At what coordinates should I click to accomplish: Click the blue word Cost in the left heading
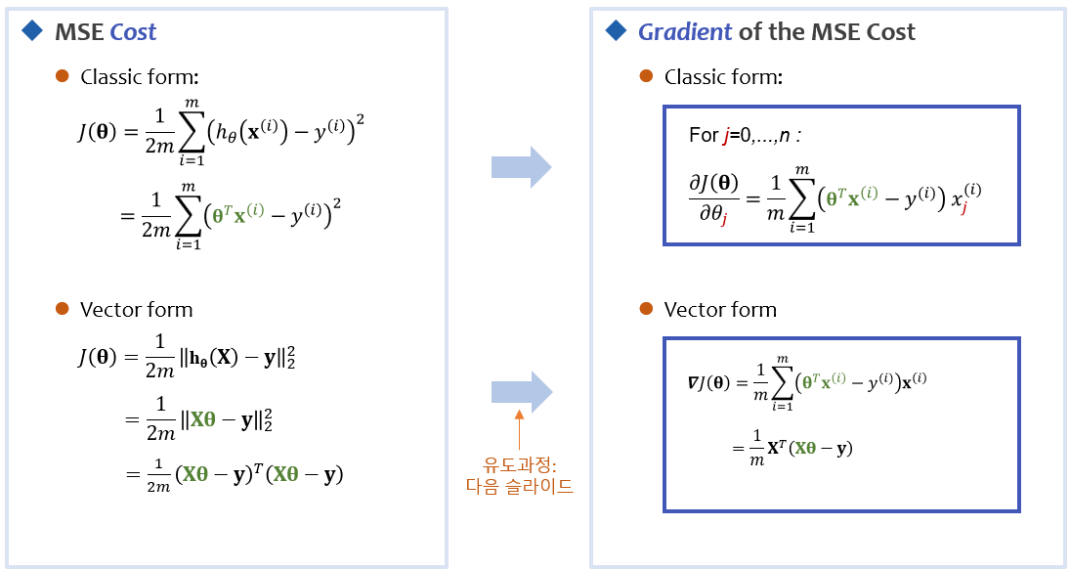pyautogui.click(x=133, y=32)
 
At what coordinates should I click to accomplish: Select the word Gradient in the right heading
pyautogui.click(x=684, y=32)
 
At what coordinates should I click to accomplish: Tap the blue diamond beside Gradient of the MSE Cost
pyautogui.click(x=615, y=31)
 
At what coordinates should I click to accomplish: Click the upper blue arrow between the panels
pyautogui.click(x=521, y=168)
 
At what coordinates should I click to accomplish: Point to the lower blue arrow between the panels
pyautogui.click(x=521, y=393)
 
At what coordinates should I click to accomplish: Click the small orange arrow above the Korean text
pyautogui.click(x=519, y=431)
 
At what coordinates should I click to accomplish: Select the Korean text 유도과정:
pyautogui.click(x=519, y=464)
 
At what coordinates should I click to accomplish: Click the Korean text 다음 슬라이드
pyautogui.click(x=519, y=486)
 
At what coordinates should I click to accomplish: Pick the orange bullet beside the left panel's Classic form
pyautogui.click(x=63, y=76)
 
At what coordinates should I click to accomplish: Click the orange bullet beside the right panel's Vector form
pyautogui.click(x=646, y=309)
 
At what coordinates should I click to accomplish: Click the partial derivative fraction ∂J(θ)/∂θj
pyautogui.click(x=714, y=197)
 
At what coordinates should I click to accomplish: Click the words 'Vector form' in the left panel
pyautogui.click(x=136, y=310)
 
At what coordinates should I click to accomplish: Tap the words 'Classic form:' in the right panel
pyautogui.click(x=723, y=77)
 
